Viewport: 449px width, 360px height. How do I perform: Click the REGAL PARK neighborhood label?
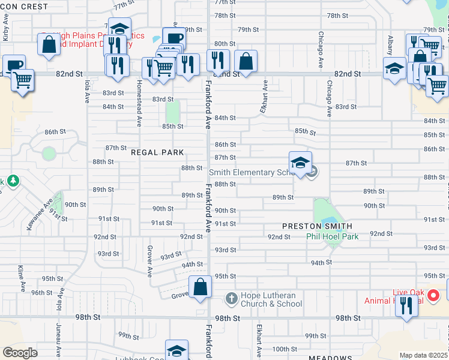(x=157, y=152)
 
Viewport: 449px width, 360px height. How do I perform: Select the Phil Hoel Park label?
(x=333, y=236)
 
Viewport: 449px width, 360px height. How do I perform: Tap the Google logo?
(x=20, y=352)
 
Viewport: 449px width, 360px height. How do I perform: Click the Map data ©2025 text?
(x=424, y=355)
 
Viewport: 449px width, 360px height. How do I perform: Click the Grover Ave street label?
(x=149, y=260)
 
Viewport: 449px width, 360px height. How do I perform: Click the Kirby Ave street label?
(x=5, y=31)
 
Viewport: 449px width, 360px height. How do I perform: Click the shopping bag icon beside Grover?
(x=200, y=286)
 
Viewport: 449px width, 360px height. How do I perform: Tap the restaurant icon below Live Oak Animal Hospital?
(x=407, y=306)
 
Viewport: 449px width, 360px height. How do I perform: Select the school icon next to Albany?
(x=396, y=68)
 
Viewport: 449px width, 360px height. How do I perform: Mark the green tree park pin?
(x=11, y=181)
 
